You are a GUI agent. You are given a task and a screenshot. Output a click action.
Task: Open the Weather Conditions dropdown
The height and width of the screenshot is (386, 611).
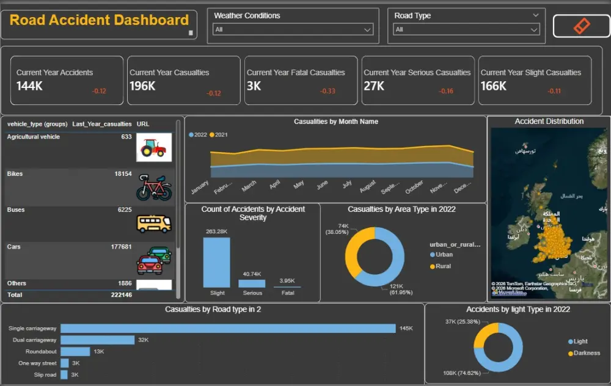click(x=293, y=29)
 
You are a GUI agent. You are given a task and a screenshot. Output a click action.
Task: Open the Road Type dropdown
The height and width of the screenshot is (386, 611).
click(x=467, y=29)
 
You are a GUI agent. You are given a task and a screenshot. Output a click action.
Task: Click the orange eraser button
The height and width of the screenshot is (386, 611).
click(x=581, y=26)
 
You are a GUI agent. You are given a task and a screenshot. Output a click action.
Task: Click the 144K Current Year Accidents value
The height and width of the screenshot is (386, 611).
click(x=29, y=86)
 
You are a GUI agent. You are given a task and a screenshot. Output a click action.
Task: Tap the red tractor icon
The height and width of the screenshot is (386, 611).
click(x=153, y=147)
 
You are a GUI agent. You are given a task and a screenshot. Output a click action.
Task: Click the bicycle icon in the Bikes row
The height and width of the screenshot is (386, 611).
click(x=153, y=187)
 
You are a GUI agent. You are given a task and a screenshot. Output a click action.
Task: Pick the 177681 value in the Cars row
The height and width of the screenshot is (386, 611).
click(x=120, y=247)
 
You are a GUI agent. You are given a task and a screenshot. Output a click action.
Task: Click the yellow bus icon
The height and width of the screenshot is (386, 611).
click(x=153, y=223)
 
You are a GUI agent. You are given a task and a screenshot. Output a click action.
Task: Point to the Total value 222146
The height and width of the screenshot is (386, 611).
click(x=120, y=294)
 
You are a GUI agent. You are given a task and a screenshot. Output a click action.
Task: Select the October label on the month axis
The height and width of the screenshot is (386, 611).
click(x=414, y=186)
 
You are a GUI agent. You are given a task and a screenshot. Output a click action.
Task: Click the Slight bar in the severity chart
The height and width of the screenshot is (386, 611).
click(x=216, y=262)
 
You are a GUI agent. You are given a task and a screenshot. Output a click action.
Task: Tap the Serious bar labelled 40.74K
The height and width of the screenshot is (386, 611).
click(x=252, y=283)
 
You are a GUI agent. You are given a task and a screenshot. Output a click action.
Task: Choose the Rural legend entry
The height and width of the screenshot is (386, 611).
click(x=443, y=266)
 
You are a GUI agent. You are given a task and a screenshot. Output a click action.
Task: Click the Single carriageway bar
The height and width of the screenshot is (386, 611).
click(x=227, y=329)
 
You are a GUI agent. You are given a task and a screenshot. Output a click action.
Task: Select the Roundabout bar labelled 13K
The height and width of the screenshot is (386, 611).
click(x=75, y=351)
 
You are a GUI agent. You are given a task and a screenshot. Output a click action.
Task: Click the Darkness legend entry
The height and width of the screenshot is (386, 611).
click(x=586, y=353)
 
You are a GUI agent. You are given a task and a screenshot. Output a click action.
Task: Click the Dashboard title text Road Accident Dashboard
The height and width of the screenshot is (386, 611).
click(x=99, y=20)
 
